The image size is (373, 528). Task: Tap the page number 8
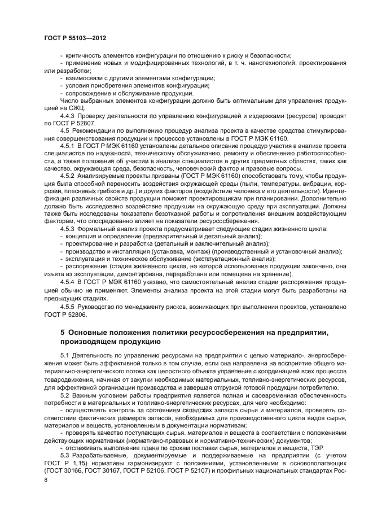[x=46, y=479]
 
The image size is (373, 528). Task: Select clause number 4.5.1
[x=68, y=144]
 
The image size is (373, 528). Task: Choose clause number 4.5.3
[x=68, y=228]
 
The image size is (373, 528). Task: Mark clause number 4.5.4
[x=68, y=281]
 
